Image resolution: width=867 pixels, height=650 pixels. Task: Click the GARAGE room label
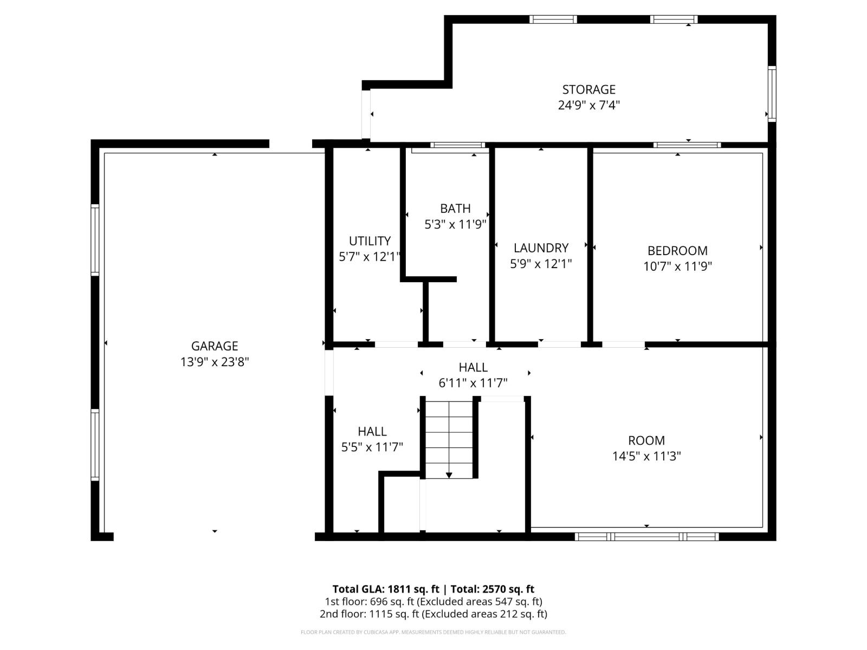click(215, 346)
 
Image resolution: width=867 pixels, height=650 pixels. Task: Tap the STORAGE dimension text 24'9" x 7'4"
click(588, 105)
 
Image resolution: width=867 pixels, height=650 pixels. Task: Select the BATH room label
click(455, 209)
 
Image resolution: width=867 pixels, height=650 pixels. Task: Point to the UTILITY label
click(370, 241)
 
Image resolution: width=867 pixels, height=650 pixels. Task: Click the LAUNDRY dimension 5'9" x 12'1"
click(541, 264)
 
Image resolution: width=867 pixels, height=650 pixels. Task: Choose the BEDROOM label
click(677, 251)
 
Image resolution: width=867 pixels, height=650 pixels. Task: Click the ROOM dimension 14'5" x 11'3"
click(646, 456)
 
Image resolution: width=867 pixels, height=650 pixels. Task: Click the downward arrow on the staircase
click(449, 474)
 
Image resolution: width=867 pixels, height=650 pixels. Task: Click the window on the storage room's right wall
click(772, 93)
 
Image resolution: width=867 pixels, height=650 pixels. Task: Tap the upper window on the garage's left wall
click(95, 239)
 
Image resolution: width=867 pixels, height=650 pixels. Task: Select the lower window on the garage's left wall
click(95, 445)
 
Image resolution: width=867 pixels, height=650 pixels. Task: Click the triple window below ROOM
click(646, 536)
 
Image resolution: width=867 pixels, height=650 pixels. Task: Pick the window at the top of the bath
click(458, 145)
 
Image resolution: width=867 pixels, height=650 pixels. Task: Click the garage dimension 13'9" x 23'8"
click(215, 362)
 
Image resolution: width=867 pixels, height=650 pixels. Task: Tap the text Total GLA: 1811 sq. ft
click(385, 589)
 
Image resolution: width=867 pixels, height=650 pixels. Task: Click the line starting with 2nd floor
click(433, 614)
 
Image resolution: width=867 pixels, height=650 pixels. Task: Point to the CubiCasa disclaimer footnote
click(433, 632)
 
